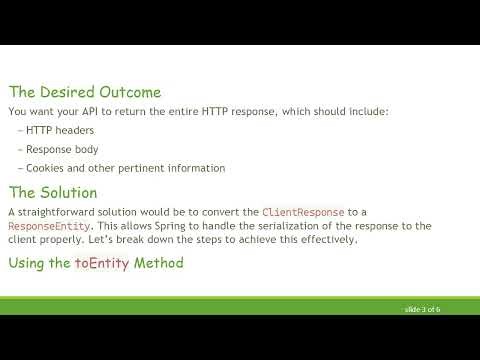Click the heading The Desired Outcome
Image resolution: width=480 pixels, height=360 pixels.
tap(84, 92)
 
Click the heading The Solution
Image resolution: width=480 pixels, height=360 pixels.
tap(52, 192)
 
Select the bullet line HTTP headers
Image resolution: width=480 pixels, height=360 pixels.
tap(61, 131)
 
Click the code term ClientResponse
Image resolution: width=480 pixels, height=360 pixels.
tap(303, 212)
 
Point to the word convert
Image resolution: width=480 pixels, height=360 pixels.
tap(218, 212)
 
